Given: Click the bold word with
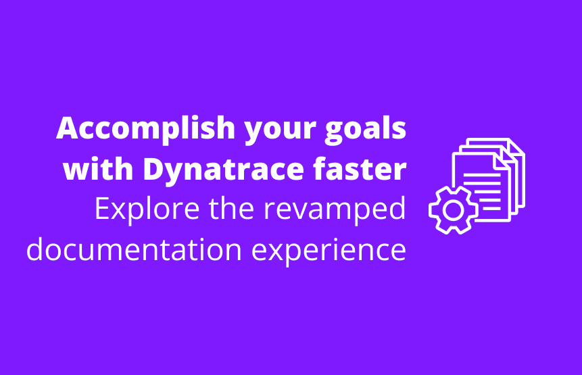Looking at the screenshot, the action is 98,168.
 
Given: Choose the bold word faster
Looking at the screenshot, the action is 360,168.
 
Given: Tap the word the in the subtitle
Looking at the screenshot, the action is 232,208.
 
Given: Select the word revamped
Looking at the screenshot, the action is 335,210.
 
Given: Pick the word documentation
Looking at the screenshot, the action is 135,249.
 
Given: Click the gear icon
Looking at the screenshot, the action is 454,210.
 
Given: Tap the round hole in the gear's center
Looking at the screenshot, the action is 454,210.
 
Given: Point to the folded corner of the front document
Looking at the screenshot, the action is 502,162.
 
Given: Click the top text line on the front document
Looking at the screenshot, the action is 482,174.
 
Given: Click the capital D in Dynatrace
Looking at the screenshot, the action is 154,168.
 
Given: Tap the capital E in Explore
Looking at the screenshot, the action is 103,209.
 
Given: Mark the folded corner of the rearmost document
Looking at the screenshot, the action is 517,146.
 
